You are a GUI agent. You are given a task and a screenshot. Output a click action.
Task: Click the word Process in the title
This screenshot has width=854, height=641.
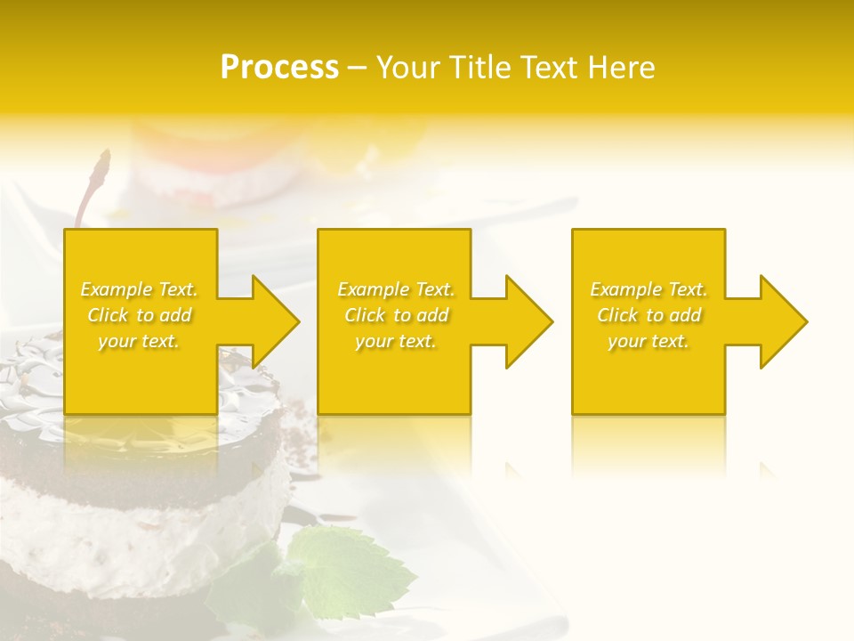tap(279, 68)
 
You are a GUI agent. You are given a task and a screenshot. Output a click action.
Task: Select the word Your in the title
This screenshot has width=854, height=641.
tap(408, 68)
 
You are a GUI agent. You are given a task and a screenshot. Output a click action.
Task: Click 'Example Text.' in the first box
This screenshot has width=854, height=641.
tap(140, 289)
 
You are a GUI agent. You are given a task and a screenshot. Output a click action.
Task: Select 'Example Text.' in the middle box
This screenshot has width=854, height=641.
tap(396, 289)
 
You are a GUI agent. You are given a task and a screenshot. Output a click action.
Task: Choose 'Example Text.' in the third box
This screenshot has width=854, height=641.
tap(649, 289)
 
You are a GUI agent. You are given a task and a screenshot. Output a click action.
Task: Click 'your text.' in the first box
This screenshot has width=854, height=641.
tap(139, 341)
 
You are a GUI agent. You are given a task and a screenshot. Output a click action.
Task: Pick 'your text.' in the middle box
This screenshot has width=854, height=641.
tap(396, 341)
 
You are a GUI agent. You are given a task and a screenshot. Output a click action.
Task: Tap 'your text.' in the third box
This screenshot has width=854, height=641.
tap(649, 341)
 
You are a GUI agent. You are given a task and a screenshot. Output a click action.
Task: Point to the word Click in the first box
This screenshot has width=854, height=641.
tap(108, 315)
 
